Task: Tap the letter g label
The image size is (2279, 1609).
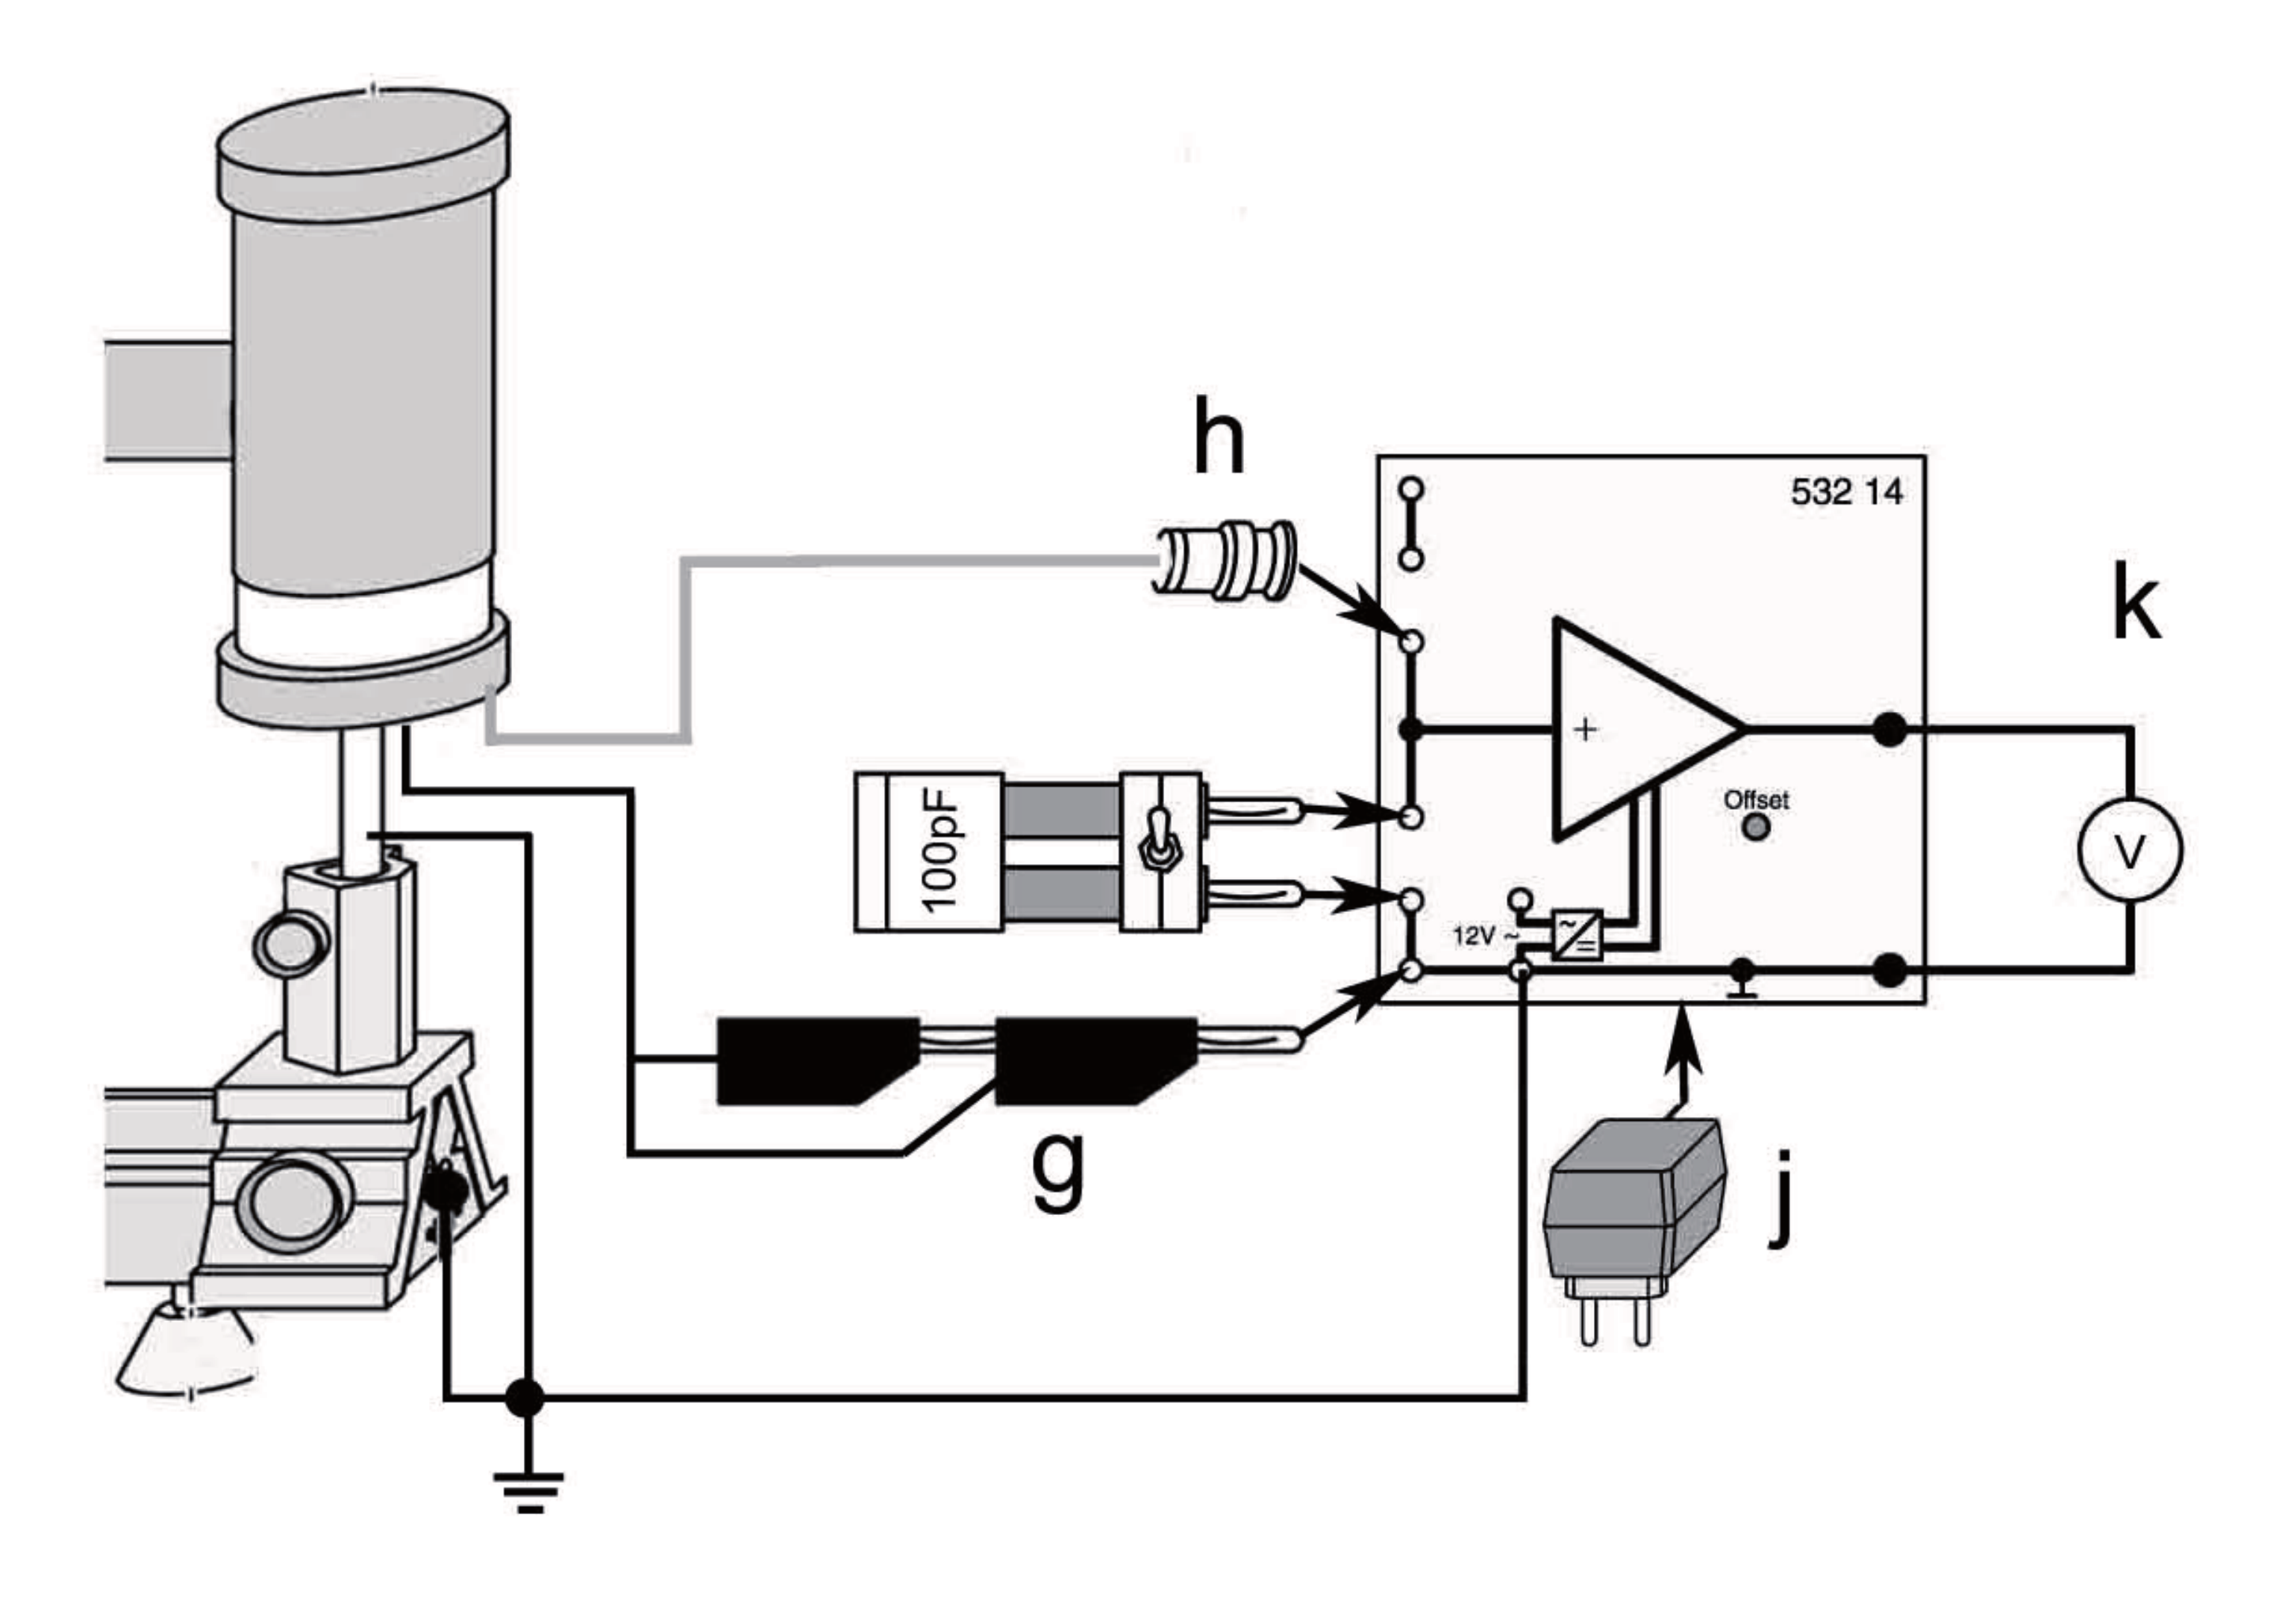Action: point(1058,1173)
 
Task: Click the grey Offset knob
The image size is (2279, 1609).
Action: point(1756,826)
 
